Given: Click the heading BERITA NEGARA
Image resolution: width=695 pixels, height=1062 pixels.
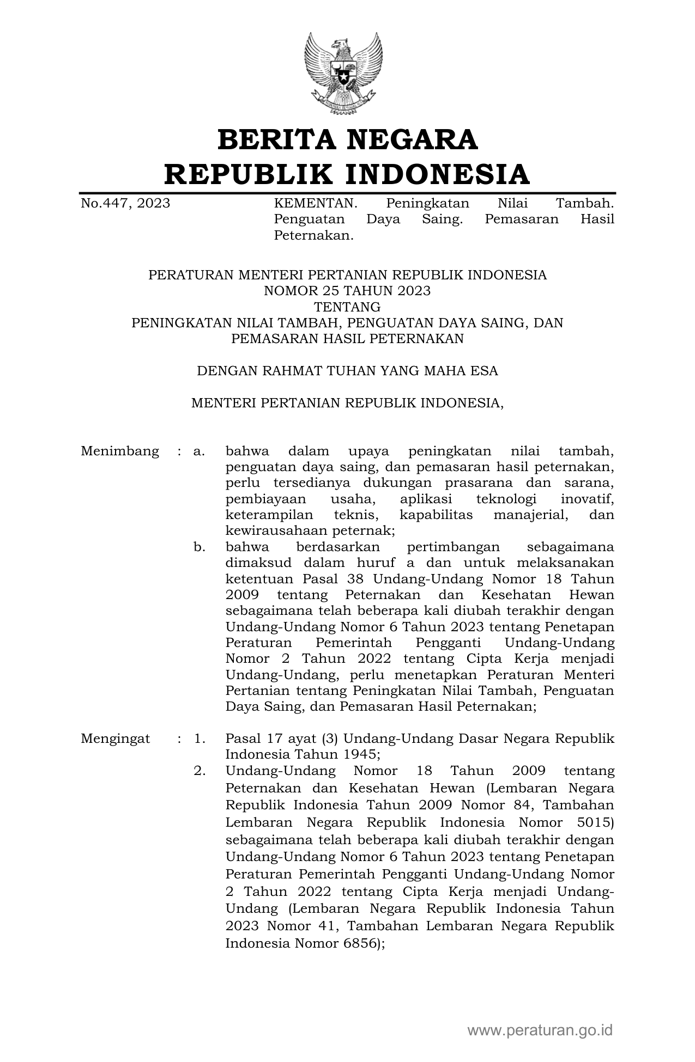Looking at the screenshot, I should pos(347,139).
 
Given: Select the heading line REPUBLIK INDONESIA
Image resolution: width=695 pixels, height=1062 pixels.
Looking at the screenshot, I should pos(347,174).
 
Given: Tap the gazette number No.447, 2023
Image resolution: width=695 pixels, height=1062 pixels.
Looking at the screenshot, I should pos(125,204).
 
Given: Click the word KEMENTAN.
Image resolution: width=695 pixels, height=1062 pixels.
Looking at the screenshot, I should pos(316,204).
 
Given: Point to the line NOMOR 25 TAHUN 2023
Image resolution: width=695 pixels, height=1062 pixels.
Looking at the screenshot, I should pos(347,291).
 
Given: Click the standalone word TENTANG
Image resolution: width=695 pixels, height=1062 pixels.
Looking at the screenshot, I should pos(347,307).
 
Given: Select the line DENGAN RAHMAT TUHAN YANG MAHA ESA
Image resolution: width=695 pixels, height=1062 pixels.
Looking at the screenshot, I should pos(347,371).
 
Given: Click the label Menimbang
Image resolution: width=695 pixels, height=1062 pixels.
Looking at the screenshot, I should pos(120,451).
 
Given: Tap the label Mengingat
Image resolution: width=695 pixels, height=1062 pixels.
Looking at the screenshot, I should pos(115,739).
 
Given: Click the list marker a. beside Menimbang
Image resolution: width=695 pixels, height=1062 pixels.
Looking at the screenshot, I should pos(199,451).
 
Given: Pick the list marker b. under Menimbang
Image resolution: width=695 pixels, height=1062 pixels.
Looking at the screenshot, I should pos(199,547).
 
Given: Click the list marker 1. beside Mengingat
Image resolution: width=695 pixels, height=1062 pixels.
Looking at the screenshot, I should pos(200,739).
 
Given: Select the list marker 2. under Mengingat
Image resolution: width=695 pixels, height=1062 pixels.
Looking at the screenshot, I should pos(200,771).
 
